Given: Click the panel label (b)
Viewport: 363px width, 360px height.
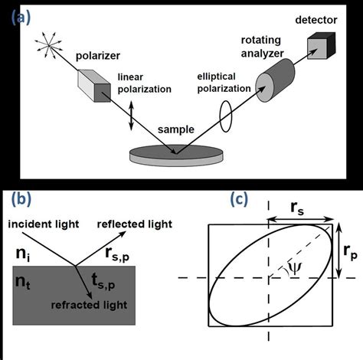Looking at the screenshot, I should pos(18,201).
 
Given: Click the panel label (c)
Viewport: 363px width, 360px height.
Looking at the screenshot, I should pos(240,200).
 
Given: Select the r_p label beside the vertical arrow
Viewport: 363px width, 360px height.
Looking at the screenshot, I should pos(350,250).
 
